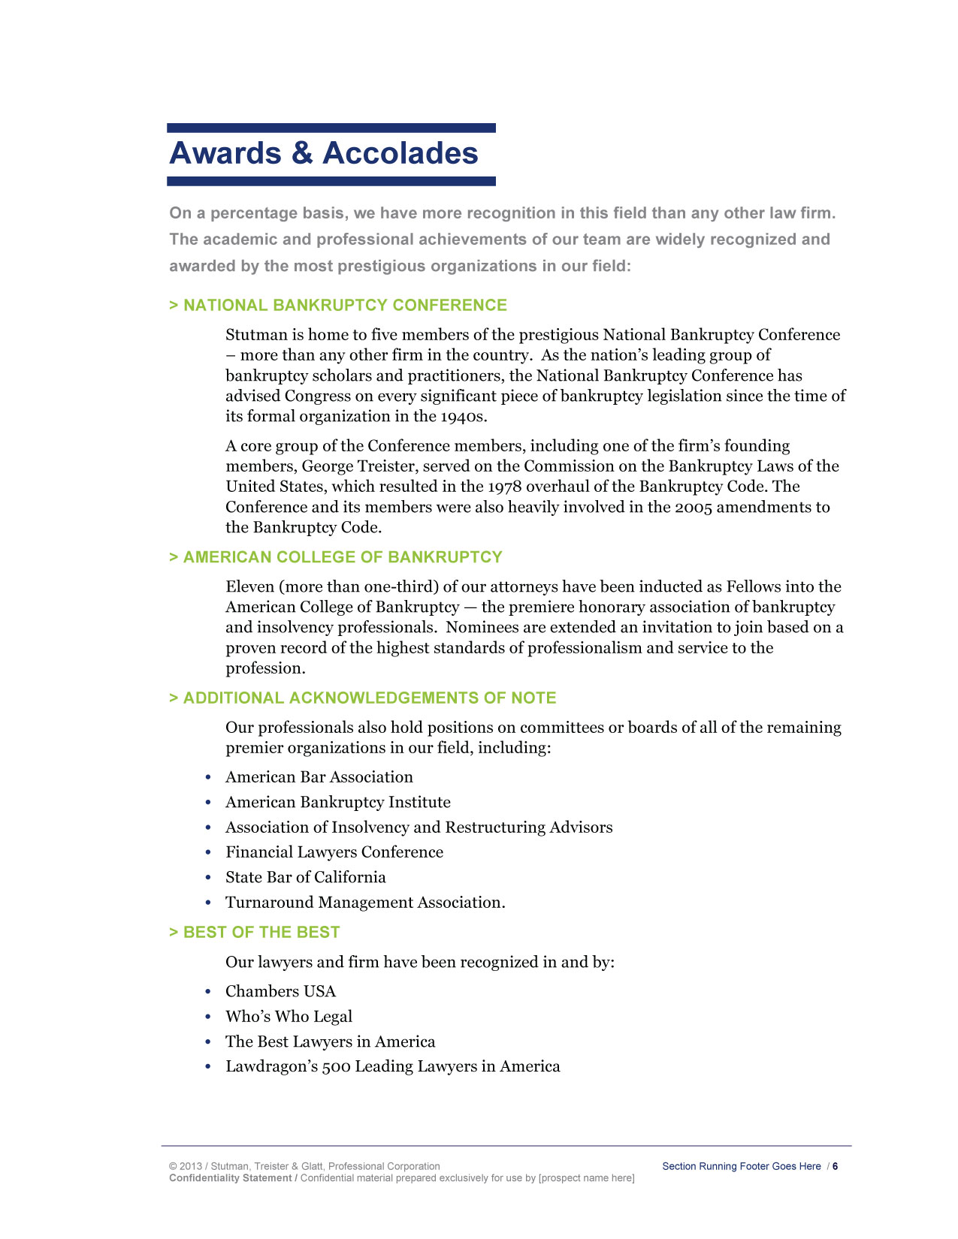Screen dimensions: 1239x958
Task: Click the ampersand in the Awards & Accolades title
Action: pyautogui.click(x=301, y=153)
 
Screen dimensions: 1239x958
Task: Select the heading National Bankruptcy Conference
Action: pyautogui.click(x=345, y=305)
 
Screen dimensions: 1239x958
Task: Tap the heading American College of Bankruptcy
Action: pyautogui.click(x=343, y=557)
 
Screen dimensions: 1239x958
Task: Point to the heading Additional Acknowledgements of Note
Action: pyautogui.click(x=370, y=698)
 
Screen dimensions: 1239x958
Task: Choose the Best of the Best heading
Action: pyautogui.click(x=261, y=933)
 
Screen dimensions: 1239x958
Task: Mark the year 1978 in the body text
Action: pyautogui.click(x=504, y=487)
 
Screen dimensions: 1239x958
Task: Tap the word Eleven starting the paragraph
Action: pyautogui.click(x=249, y=586)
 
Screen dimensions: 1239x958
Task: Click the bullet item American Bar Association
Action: pyautogui.click(x=319, y=777)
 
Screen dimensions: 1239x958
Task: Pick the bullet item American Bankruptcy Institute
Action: pyautogui.click(x=338, y=802)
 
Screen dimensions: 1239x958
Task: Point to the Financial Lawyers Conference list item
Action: pyautogui.click(x=334, y=852)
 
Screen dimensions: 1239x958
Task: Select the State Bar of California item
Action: pyautogui.click(x=306, y=877)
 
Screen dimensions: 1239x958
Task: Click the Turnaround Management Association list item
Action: pyautogui.click(x=365, y=903)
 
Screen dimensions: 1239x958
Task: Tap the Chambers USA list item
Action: pyautogui.click(x=281, y=991)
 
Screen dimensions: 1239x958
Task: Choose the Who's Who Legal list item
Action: pyautogui.click(x=289, y=1017)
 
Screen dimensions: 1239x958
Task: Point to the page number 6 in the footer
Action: pyautogui.click(x=835, y=1166)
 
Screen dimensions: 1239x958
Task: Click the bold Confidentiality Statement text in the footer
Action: pyautogui.click(x=230, y=1178)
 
